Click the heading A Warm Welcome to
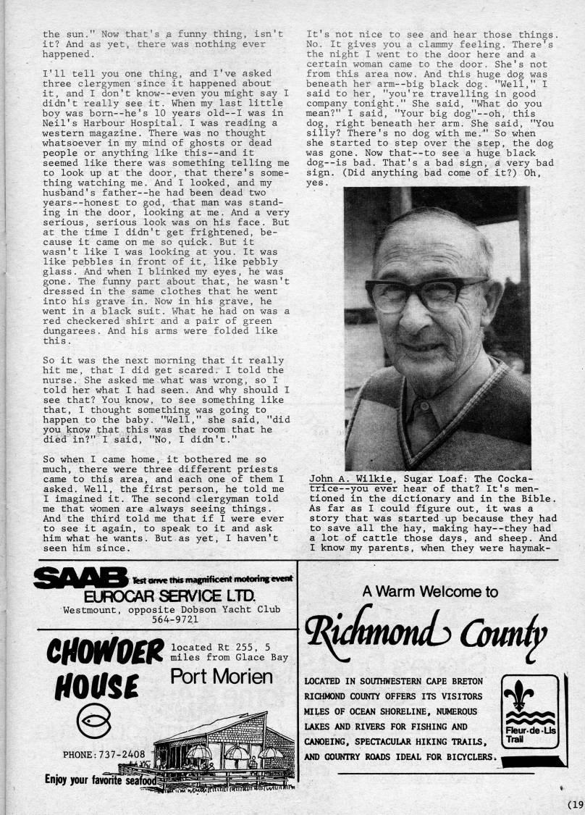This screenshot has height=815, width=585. [429, 592]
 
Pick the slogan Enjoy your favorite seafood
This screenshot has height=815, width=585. [100, 780]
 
